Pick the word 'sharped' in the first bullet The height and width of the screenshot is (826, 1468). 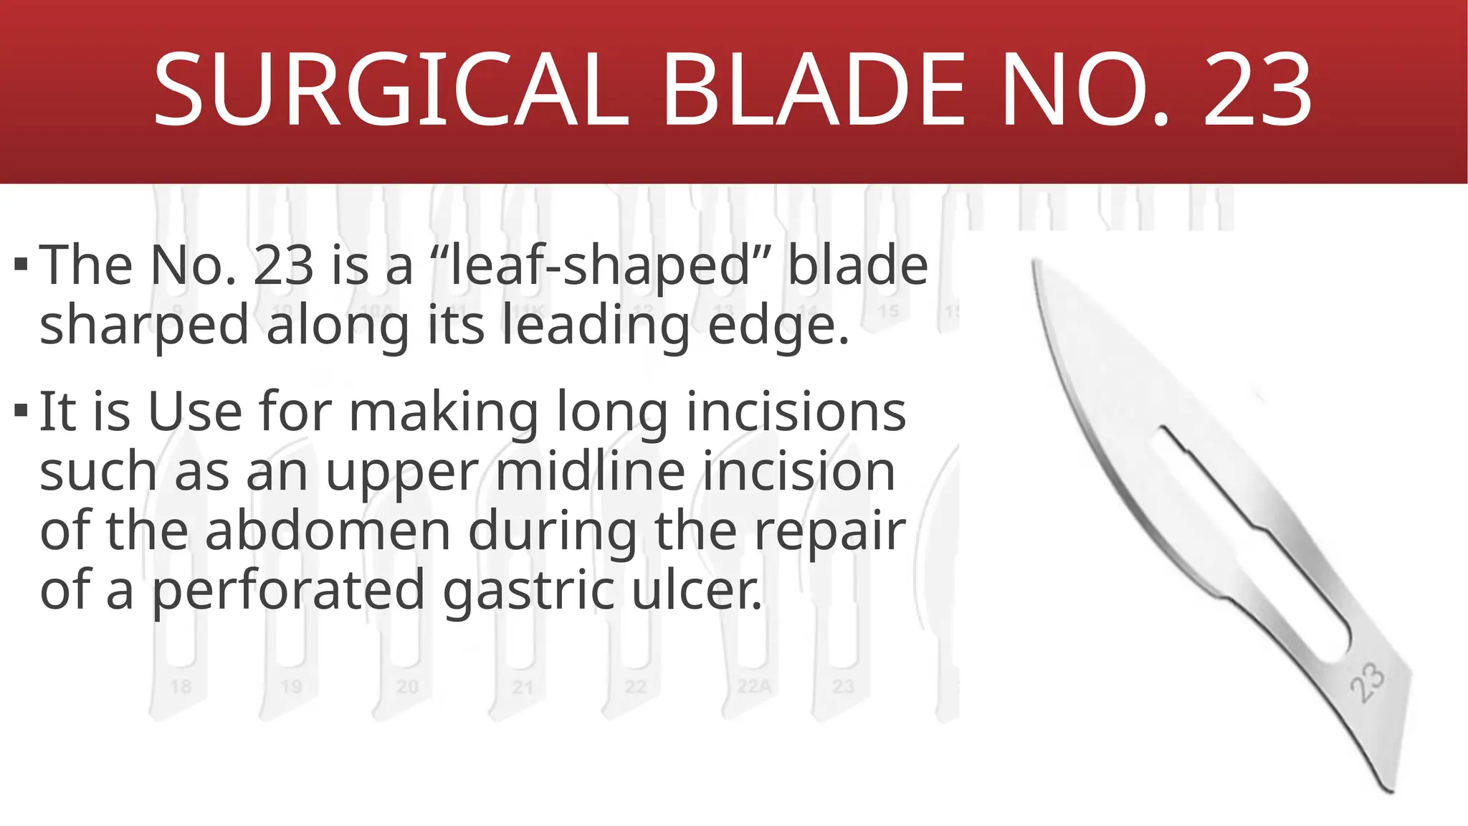144,325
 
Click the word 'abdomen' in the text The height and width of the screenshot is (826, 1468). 328,531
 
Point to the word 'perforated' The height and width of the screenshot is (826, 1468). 289,590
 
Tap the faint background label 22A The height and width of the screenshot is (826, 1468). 754,687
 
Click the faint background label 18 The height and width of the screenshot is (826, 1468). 181,687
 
